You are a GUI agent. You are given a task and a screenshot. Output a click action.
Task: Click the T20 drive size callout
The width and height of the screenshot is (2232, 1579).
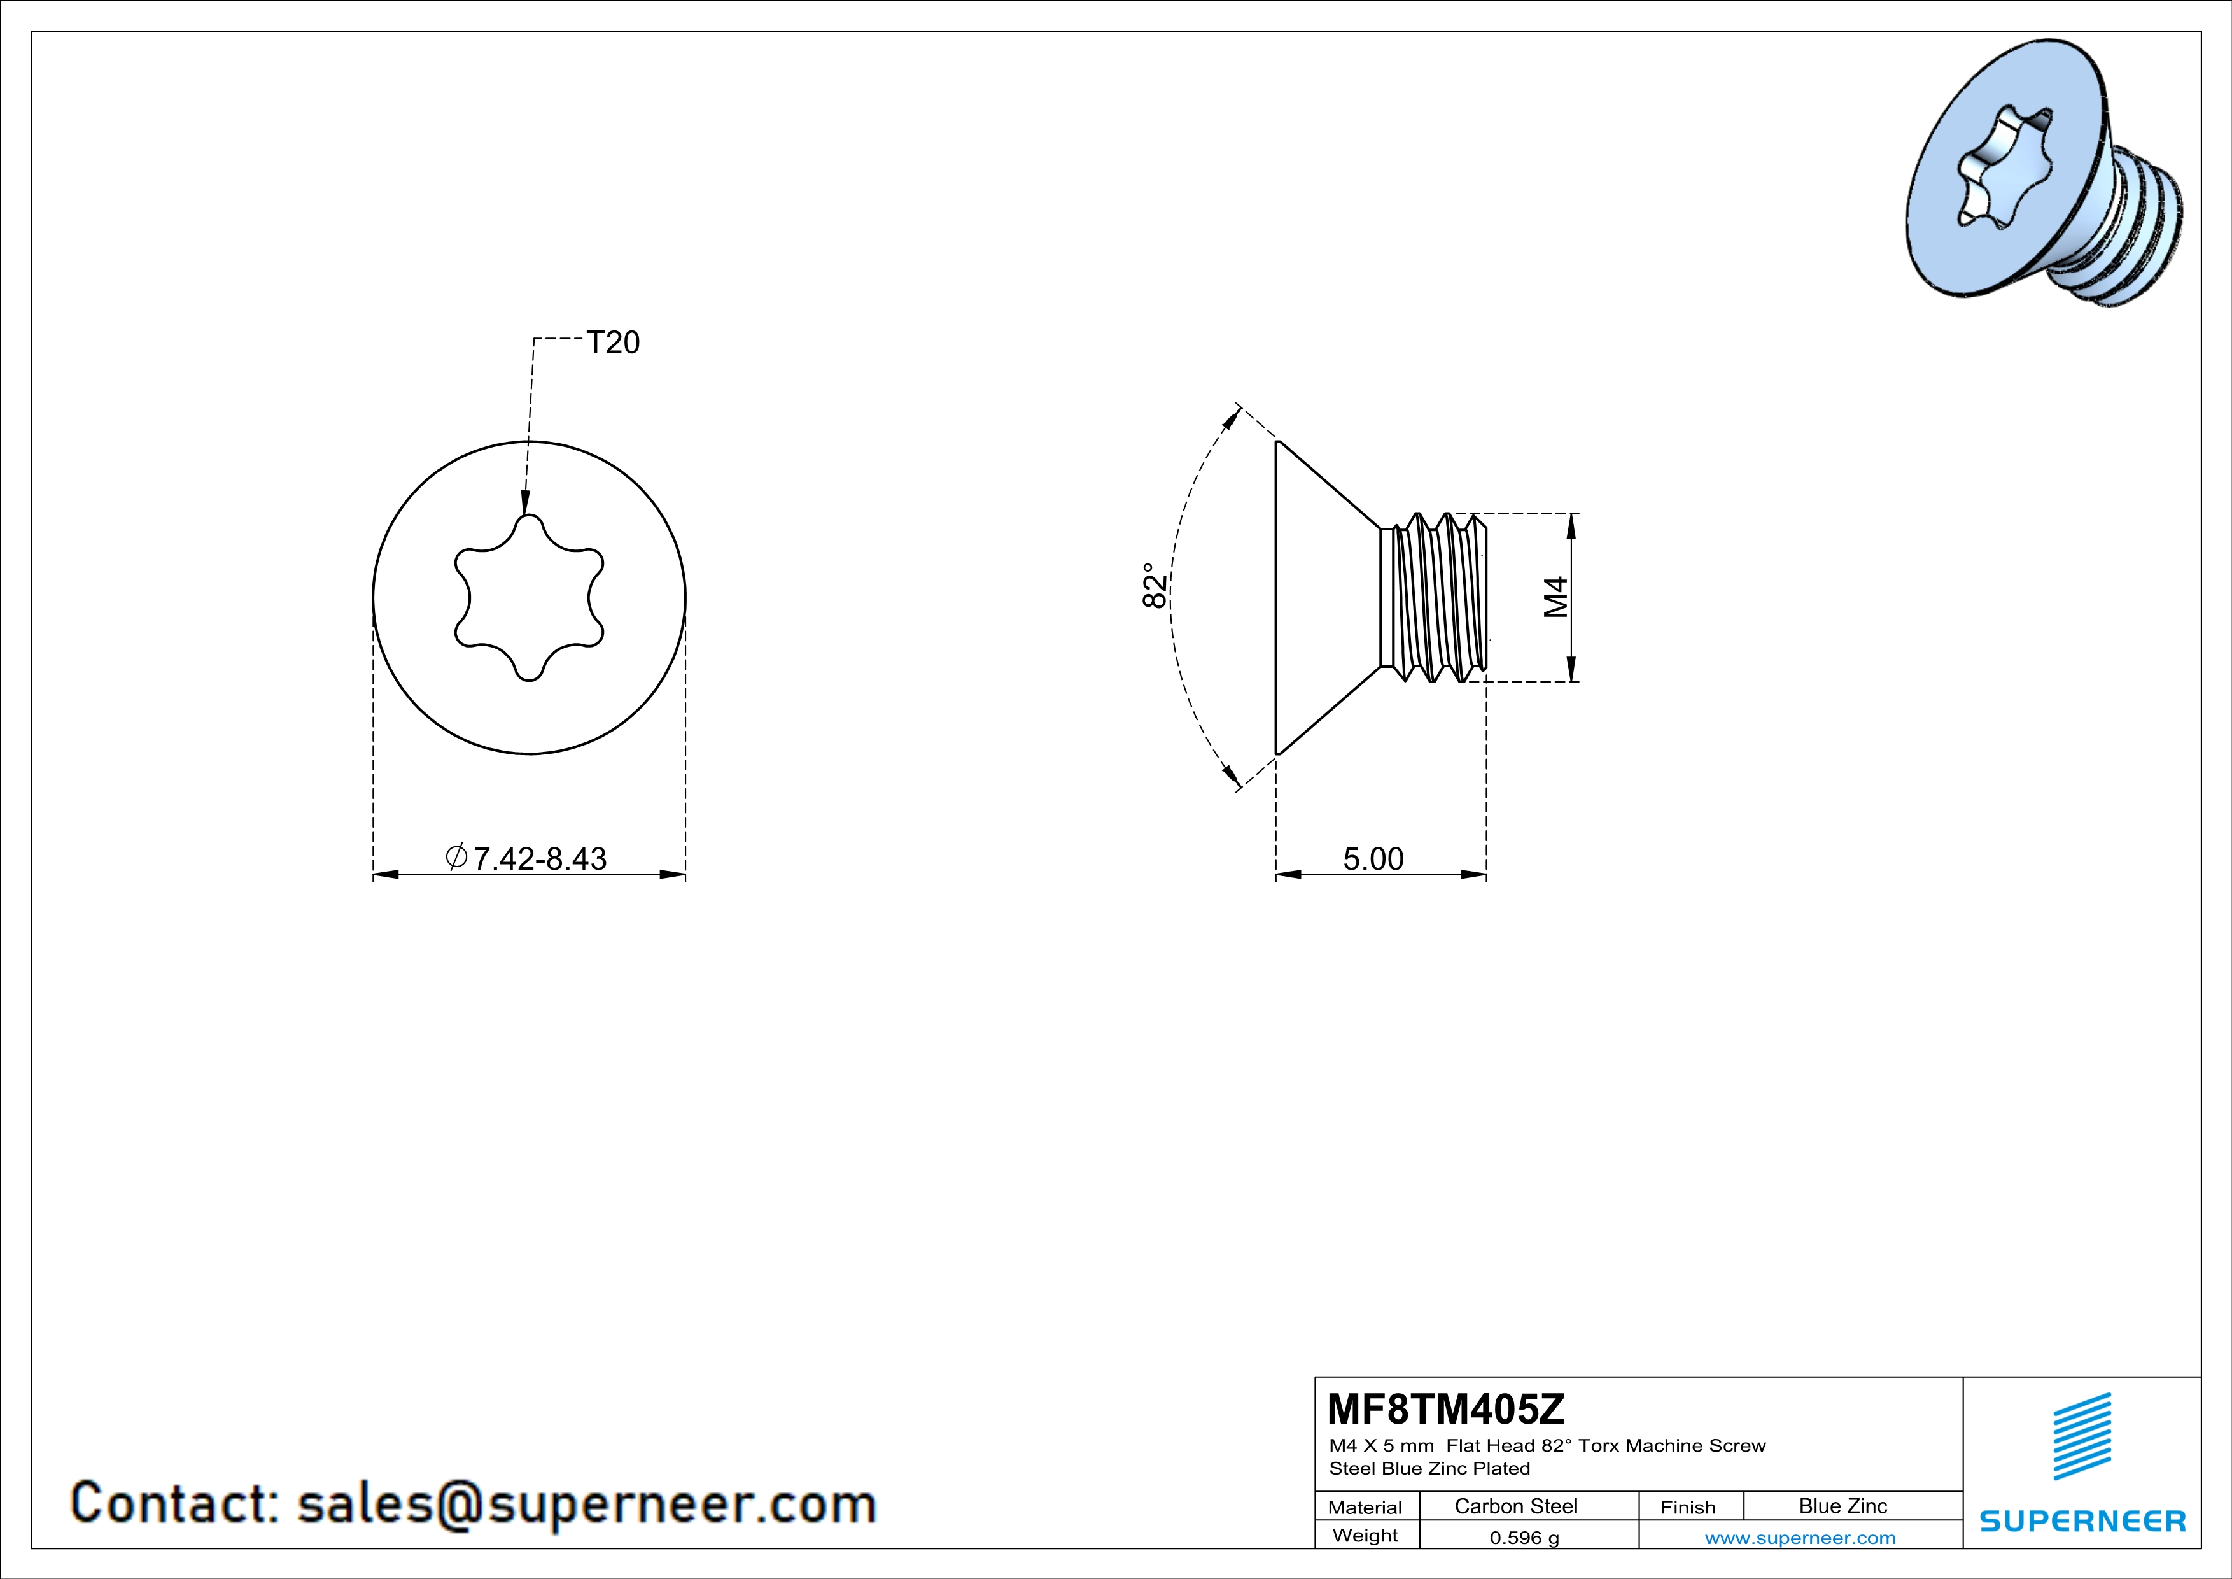612,343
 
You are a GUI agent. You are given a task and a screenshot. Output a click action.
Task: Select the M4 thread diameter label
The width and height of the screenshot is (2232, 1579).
1556,597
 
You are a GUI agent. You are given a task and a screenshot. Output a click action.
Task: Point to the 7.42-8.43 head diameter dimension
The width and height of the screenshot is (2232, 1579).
540,858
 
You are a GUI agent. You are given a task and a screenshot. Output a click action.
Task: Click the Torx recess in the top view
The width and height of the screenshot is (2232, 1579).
529,597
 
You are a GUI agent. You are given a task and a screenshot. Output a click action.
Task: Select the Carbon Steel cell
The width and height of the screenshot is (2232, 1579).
1515,1506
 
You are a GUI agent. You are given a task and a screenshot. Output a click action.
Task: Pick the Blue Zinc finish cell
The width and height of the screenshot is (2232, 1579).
1842,1506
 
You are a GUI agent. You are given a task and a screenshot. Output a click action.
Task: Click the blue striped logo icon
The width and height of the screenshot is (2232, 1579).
2081,1436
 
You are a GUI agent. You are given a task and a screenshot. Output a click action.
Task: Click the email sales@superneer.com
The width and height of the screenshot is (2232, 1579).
586,1503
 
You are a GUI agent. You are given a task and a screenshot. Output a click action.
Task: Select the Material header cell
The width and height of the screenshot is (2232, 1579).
1365,1507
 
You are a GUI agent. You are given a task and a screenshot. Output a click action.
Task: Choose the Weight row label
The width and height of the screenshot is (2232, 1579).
1365,1535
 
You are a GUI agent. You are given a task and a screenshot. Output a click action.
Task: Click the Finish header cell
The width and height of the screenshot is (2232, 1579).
1688,1507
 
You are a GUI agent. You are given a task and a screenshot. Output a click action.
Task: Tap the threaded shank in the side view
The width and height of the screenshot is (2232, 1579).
1434,597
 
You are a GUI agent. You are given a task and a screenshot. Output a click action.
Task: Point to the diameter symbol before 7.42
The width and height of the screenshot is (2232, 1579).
456,856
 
